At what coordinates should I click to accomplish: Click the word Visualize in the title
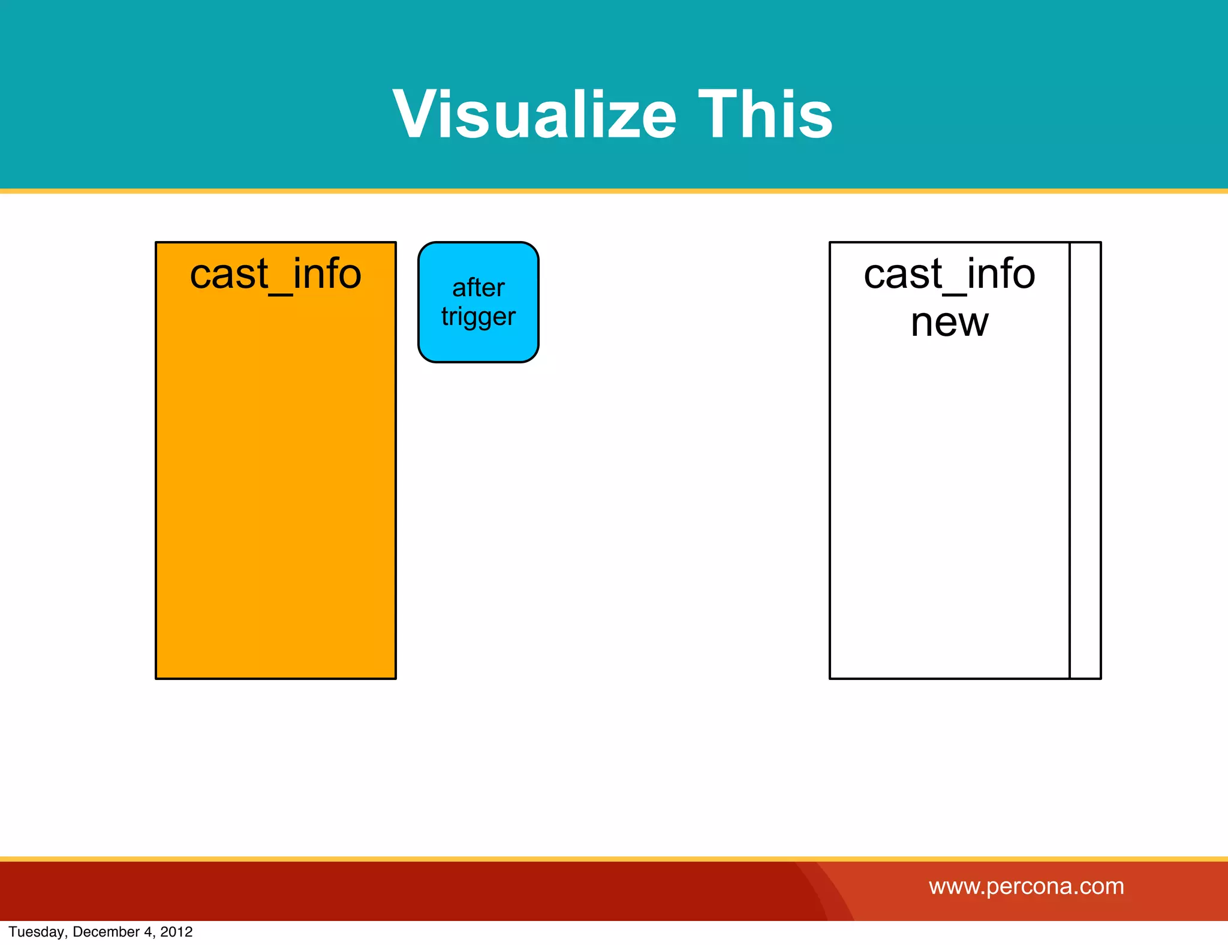pos(534,114)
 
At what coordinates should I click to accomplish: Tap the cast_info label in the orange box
pos(275,274)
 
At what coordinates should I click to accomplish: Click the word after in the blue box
pos(478,288)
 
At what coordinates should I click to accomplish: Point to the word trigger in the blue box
pos(478,317)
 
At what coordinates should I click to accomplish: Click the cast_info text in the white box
pos(949,274)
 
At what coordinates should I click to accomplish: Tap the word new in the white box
pos(949,323)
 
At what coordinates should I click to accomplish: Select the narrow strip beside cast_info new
pos(1085,461)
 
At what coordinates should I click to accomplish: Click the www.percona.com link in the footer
pos(1027,886)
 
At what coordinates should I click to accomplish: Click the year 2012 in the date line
pos(176,932)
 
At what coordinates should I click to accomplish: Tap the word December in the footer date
pos(106,932)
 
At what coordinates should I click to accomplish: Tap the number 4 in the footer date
pos(148,932)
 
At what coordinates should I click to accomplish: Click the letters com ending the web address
pos(1104,886)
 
